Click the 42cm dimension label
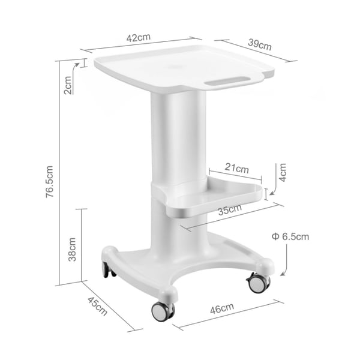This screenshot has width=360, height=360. pos(139,38)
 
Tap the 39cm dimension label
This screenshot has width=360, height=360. pos(260,45)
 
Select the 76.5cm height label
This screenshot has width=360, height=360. pos(50,182)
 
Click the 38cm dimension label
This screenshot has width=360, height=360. pos(72,250)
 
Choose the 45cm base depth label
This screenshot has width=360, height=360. pos(97,306)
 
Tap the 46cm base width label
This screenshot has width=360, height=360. pos(222,308)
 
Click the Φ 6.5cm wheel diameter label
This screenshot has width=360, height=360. pos(290,236)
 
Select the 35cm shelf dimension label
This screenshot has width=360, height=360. pos(230,209)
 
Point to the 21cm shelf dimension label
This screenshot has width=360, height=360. pos(237,168)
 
